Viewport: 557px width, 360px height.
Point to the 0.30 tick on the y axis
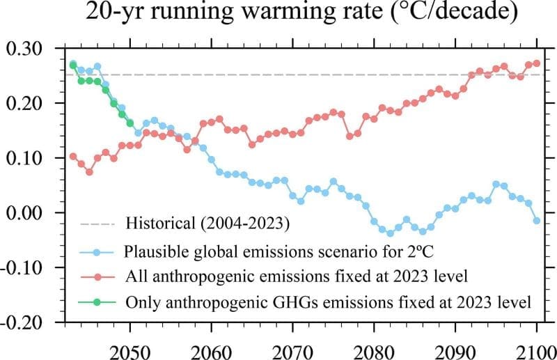point(24,49)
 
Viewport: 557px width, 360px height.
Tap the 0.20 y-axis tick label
point(24,104)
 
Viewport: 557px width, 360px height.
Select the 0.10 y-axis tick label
point(24,158)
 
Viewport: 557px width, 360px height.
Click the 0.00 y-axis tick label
point(24,213)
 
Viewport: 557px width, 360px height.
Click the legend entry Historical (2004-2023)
point(207,224)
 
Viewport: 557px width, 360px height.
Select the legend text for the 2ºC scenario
point(253,251)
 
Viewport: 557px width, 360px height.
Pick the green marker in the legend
point(97,302)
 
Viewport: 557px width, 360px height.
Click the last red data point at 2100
point(536,63)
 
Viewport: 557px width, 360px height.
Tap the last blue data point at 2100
point(536,221)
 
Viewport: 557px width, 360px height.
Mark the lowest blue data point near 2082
point(390,233)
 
